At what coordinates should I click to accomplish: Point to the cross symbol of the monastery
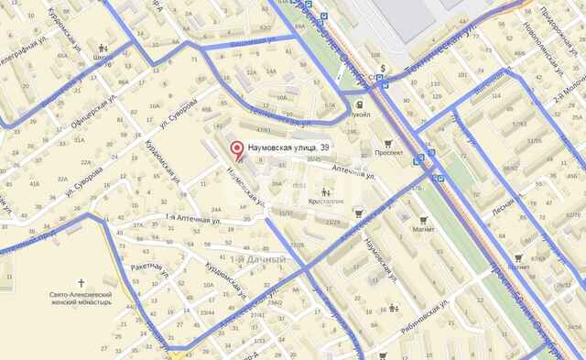81,283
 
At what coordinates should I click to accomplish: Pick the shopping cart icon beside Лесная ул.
519,258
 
